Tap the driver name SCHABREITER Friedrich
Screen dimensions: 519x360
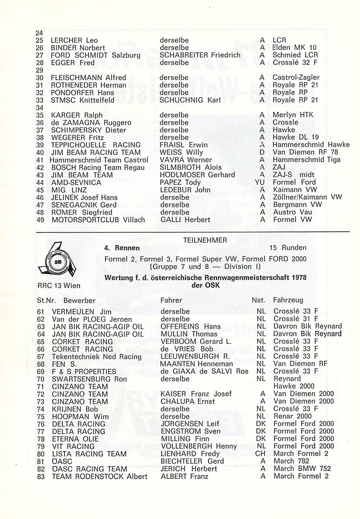(x=200, y=55)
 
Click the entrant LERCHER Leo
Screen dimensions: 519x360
(x=74, y=40)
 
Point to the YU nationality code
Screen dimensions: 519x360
(x=260, y=183)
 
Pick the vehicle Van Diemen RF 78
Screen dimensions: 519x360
(x=305, y=152)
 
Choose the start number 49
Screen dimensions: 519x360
(x=40, y=220)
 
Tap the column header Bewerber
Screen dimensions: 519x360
(x=79, y=300)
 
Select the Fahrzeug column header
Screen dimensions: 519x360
(x=288, y=300)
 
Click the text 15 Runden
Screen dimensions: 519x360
(x=288, y=248)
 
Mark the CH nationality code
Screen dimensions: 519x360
(x=261, y=454)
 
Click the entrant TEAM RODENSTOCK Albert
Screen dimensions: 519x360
(x=99, y=476)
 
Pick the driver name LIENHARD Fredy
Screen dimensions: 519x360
(x=187, y=454)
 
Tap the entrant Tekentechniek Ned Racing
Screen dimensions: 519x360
(x=96, y=356)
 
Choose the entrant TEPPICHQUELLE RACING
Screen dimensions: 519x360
(x=96, y=145)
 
